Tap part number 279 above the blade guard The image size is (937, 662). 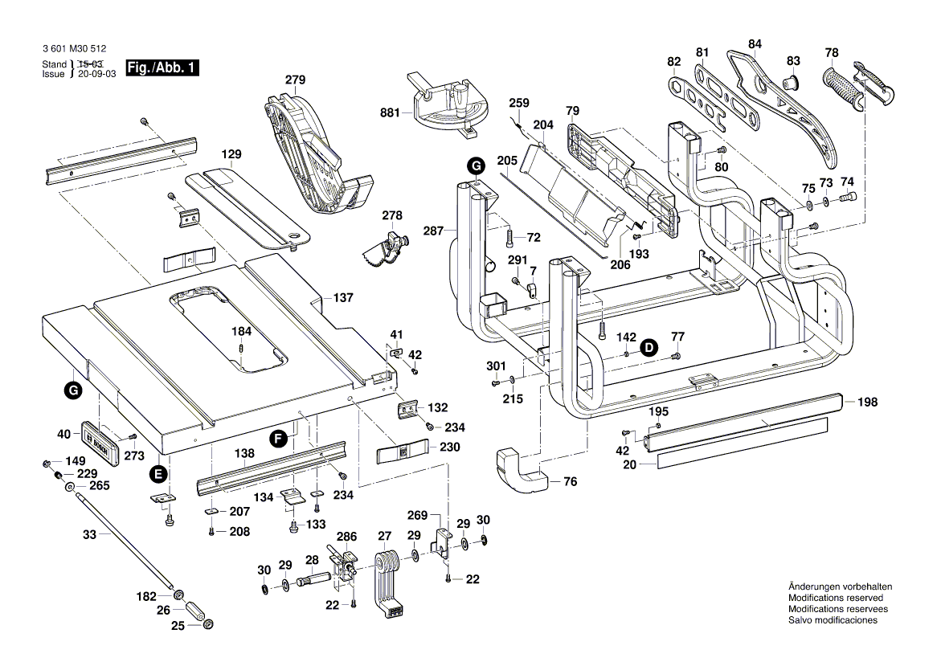point(296,80)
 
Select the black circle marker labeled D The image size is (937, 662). point(649,347)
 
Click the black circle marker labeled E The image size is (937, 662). point(159,473)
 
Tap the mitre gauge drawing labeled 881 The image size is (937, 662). point(450,104)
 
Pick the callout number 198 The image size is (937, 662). point(868,402)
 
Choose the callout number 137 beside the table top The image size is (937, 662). point(343,298)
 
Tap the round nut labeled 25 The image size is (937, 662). point(207,625)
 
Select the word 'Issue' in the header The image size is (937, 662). point(54,74)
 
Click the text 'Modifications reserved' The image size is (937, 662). point(835,599)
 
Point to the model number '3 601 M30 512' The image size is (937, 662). point(74,49)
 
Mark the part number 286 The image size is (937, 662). point(346,536)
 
